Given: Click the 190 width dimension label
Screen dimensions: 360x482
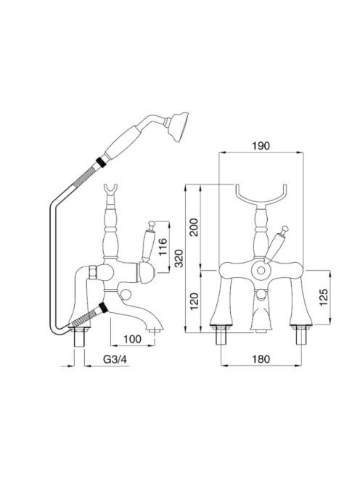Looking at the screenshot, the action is coord(261,145).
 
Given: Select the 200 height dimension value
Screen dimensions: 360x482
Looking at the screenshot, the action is coord(194,227).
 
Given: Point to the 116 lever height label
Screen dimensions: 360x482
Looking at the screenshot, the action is coord(162,247).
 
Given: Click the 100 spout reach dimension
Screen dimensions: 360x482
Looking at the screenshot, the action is coord(133,339).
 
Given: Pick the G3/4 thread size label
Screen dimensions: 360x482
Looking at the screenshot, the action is coord(115,359).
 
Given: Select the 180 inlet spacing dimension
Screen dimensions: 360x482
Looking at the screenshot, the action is coord(261,359).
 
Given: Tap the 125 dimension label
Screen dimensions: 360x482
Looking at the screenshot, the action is coord(324,297).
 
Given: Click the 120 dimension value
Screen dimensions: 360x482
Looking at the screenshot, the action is coord(194,301).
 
